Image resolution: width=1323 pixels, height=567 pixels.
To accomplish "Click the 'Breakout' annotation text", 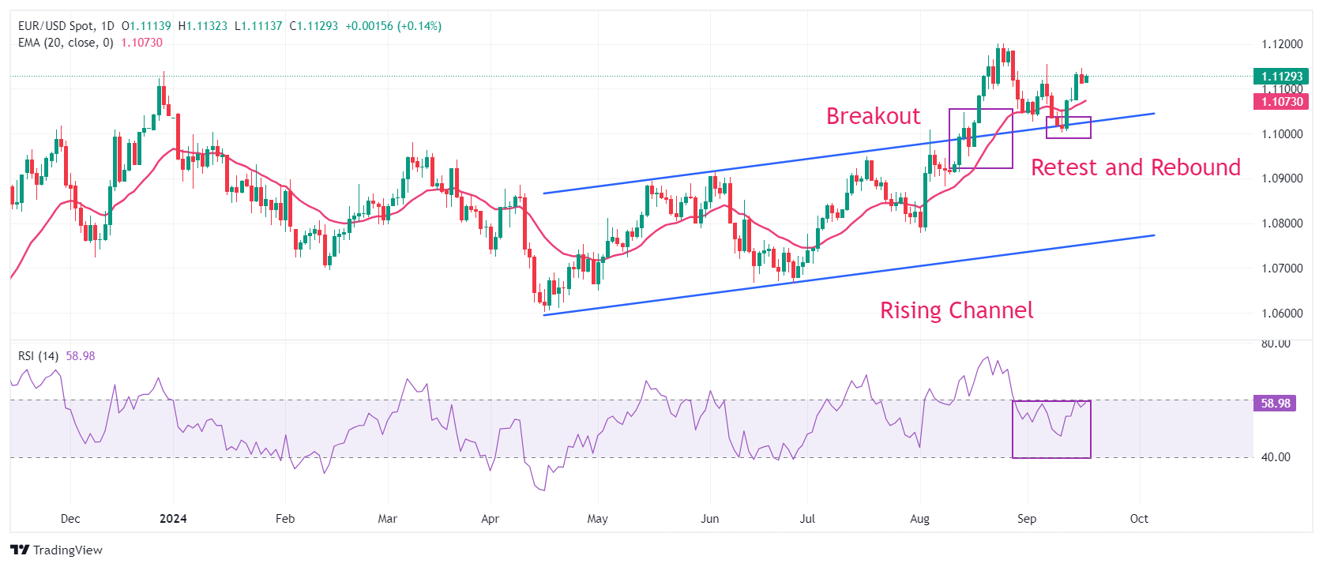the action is tap(873, 116).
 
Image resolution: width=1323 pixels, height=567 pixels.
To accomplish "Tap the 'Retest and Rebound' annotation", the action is tap(1135, 167).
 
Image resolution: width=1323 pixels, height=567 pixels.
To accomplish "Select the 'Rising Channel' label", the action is tap(957, 310).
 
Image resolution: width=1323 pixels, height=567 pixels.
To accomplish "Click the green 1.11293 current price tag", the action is tap(1281, 76).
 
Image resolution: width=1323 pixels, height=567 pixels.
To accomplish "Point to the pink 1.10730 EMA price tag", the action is tap(1281, 102).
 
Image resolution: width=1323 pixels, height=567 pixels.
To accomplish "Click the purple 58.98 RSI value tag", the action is tap(1275, 404).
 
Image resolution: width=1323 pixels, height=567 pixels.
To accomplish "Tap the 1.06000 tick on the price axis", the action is tap(1282, 313).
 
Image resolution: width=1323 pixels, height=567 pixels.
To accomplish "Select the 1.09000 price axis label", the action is tap(1282, 178).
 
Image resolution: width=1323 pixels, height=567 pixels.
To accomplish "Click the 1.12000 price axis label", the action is tap(1282, 44).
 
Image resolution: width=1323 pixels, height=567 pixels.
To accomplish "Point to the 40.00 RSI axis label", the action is tap(1276, 457).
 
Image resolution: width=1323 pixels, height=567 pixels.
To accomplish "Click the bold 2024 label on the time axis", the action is tap(173, 519).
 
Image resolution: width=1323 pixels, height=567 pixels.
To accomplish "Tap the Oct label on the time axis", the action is tap(1139, 519).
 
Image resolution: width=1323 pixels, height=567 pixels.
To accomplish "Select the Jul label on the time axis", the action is tap(806, 519).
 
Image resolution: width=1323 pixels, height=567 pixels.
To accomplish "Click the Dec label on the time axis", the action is tap(70, 519).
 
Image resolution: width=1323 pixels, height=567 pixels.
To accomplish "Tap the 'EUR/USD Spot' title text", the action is tap(55, 26).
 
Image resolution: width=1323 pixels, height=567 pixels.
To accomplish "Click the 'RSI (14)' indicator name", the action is tap(39, 356).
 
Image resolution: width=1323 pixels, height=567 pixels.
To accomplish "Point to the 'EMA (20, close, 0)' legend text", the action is tap(66, 43).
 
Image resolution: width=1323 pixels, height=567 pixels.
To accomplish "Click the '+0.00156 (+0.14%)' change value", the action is tap(393, 26).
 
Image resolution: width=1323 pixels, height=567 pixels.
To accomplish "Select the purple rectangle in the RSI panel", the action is tap(1013, 430).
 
